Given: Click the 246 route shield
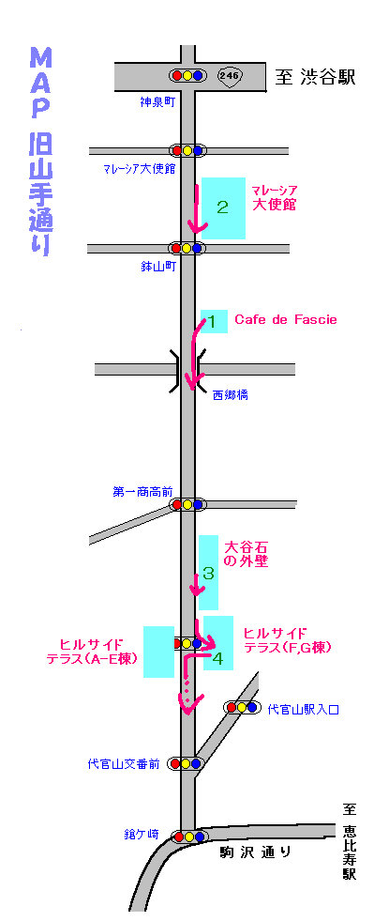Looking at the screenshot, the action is point(230,75).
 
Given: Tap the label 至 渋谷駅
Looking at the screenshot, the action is point(316,77).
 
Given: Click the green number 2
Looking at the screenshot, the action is point(222,207).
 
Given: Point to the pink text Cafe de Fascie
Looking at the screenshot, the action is point(286,319).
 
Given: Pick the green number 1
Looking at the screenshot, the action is point(213,321).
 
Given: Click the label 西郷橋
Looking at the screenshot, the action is point(230,395).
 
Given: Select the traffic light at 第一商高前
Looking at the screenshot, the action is point(187,504).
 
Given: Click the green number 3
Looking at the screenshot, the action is point(208,573).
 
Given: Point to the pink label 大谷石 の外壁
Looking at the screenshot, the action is point(247,553).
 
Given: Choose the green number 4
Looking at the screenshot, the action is point(217,659).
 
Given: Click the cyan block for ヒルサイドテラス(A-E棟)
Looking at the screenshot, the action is point(159,652).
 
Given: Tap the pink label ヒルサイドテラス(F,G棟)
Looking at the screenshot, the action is point(288,640).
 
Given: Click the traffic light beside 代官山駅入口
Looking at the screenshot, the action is point(242,707).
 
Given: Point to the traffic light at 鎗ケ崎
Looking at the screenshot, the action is point(189,836).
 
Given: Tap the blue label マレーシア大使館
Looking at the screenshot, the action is point(139,170).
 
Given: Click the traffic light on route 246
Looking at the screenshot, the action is point(187,75).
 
